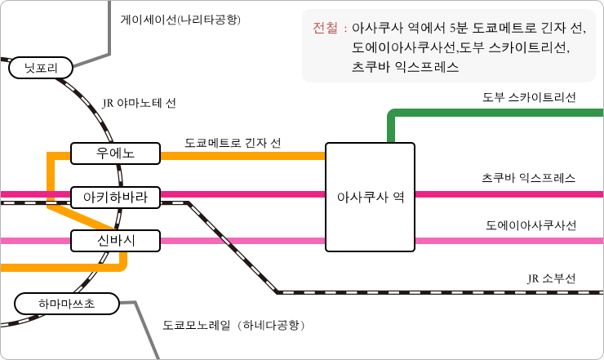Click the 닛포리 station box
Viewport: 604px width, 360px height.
41,69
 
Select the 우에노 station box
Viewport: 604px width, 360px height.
114,153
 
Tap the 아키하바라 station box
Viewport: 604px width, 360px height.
114,197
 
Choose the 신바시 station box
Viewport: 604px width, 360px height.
114,240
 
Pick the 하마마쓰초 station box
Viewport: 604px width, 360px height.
66,304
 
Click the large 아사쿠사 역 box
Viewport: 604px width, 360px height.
370,197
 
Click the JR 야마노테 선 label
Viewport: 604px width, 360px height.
140,104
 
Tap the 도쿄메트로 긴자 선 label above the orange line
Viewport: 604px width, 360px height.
233,143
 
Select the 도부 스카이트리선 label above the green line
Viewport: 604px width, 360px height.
529,97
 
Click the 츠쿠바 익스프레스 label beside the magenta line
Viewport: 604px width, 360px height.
529,178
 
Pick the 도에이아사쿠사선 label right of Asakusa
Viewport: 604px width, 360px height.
531,224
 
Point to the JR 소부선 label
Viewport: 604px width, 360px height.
551,278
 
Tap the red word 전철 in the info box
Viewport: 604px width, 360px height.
325,29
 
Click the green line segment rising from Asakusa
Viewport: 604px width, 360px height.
391,127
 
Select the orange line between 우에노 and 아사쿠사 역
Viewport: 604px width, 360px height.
245,155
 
